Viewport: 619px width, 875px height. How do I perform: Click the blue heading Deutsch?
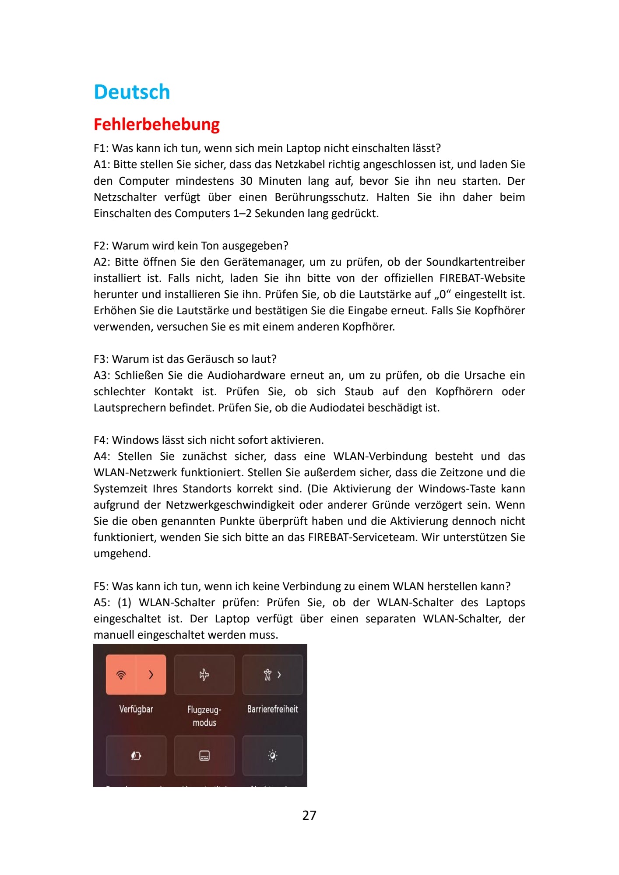coord(132,92)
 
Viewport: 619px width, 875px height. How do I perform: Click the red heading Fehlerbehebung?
coord(156,124)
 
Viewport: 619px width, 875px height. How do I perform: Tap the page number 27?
coord(309,815)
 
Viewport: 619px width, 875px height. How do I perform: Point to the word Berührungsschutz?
coord(321,197)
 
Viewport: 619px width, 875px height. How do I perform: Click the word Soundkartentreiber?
coord(475,262)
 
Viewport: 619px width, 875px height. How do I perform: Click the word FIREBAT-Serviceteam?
coord(363,538)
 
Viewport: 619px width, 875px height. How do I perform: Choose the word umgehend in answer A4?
coord(122,554)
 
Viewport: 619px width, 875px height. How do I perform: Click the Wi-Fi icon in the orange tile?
coord(121,675)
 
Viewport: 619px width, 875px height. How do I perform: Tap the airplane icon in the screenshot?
coord(204,675)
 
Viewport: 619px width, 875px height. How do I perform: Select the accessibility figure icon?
coord(267,675)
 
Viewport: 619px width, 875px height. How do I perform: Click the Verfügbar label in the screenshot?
coord(136,709)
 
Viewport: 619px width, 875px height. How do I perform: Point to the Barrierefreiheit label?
coord(272,709)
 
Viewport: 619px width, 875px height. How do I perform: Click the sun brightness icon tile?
coord(272,756)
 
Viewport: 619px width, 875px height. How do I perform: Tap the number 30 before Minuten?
coord(246,181)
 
